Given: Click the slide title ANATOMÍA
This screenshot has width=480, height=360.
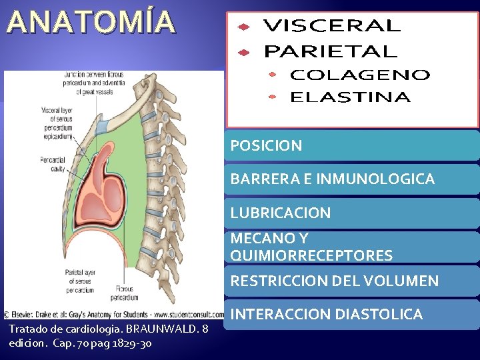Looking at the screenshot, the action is point(92,21).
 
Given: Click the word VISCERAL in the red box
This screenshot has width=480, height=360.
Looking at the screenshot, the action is point(332,26).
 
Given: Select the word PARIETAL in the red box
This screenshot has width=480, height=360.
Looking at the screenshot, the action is point(330,51).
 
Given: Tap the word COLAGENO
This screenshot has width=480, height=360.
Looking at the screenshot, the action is point(359,75).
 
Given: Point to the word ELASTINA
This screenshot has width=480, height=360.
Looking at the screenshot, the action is point(349,97).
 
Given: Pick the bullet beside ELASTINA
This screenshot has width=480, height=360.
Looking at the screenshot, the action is point(272,97).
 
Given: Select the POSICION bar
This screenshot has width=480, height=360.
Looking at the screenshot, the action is point(351,145).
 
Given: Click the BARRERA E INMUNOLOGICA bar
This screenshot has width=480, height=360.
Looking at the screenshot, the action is point(351,179).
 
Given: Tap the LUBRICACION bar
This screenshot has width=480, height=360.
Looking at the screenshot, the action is point(351,213).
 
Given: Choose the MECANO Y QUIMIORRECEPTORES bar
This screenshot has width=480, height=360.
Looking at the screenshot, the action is point(351,247).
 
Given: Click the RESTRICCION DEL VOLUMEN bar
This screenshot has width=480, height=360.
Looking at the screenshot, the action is point(351,281).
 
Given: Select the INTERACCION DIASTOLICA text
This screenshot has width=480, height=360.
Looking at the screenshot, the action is point(327,314).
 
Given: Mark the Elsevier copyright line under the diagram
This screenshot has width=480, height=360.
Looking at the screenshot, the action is point(113,314).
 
